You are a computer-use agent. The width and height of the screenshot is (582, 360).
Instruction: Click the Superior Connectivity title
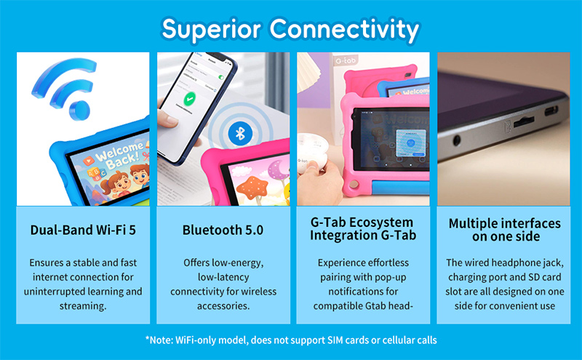point(290,28)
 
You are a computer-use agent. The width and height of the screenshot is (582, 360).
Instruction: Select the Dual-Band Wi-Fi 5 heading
point(82,230)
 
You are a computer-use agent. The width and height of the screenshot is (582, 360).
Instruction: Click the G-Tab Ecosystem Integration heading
point(362,229)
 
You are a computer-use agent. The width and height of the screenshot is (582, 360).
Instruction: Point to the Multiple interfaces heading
point(503,230)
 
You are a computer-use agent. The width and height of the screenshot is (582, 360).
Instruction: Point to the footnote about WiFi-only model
point(290,340)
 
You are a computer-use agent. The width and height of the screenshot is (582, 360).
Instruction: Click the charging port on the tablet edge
point(551,111)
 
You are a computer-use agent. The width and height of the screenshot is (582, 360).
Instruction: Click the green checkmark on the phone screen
point(190,97)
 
